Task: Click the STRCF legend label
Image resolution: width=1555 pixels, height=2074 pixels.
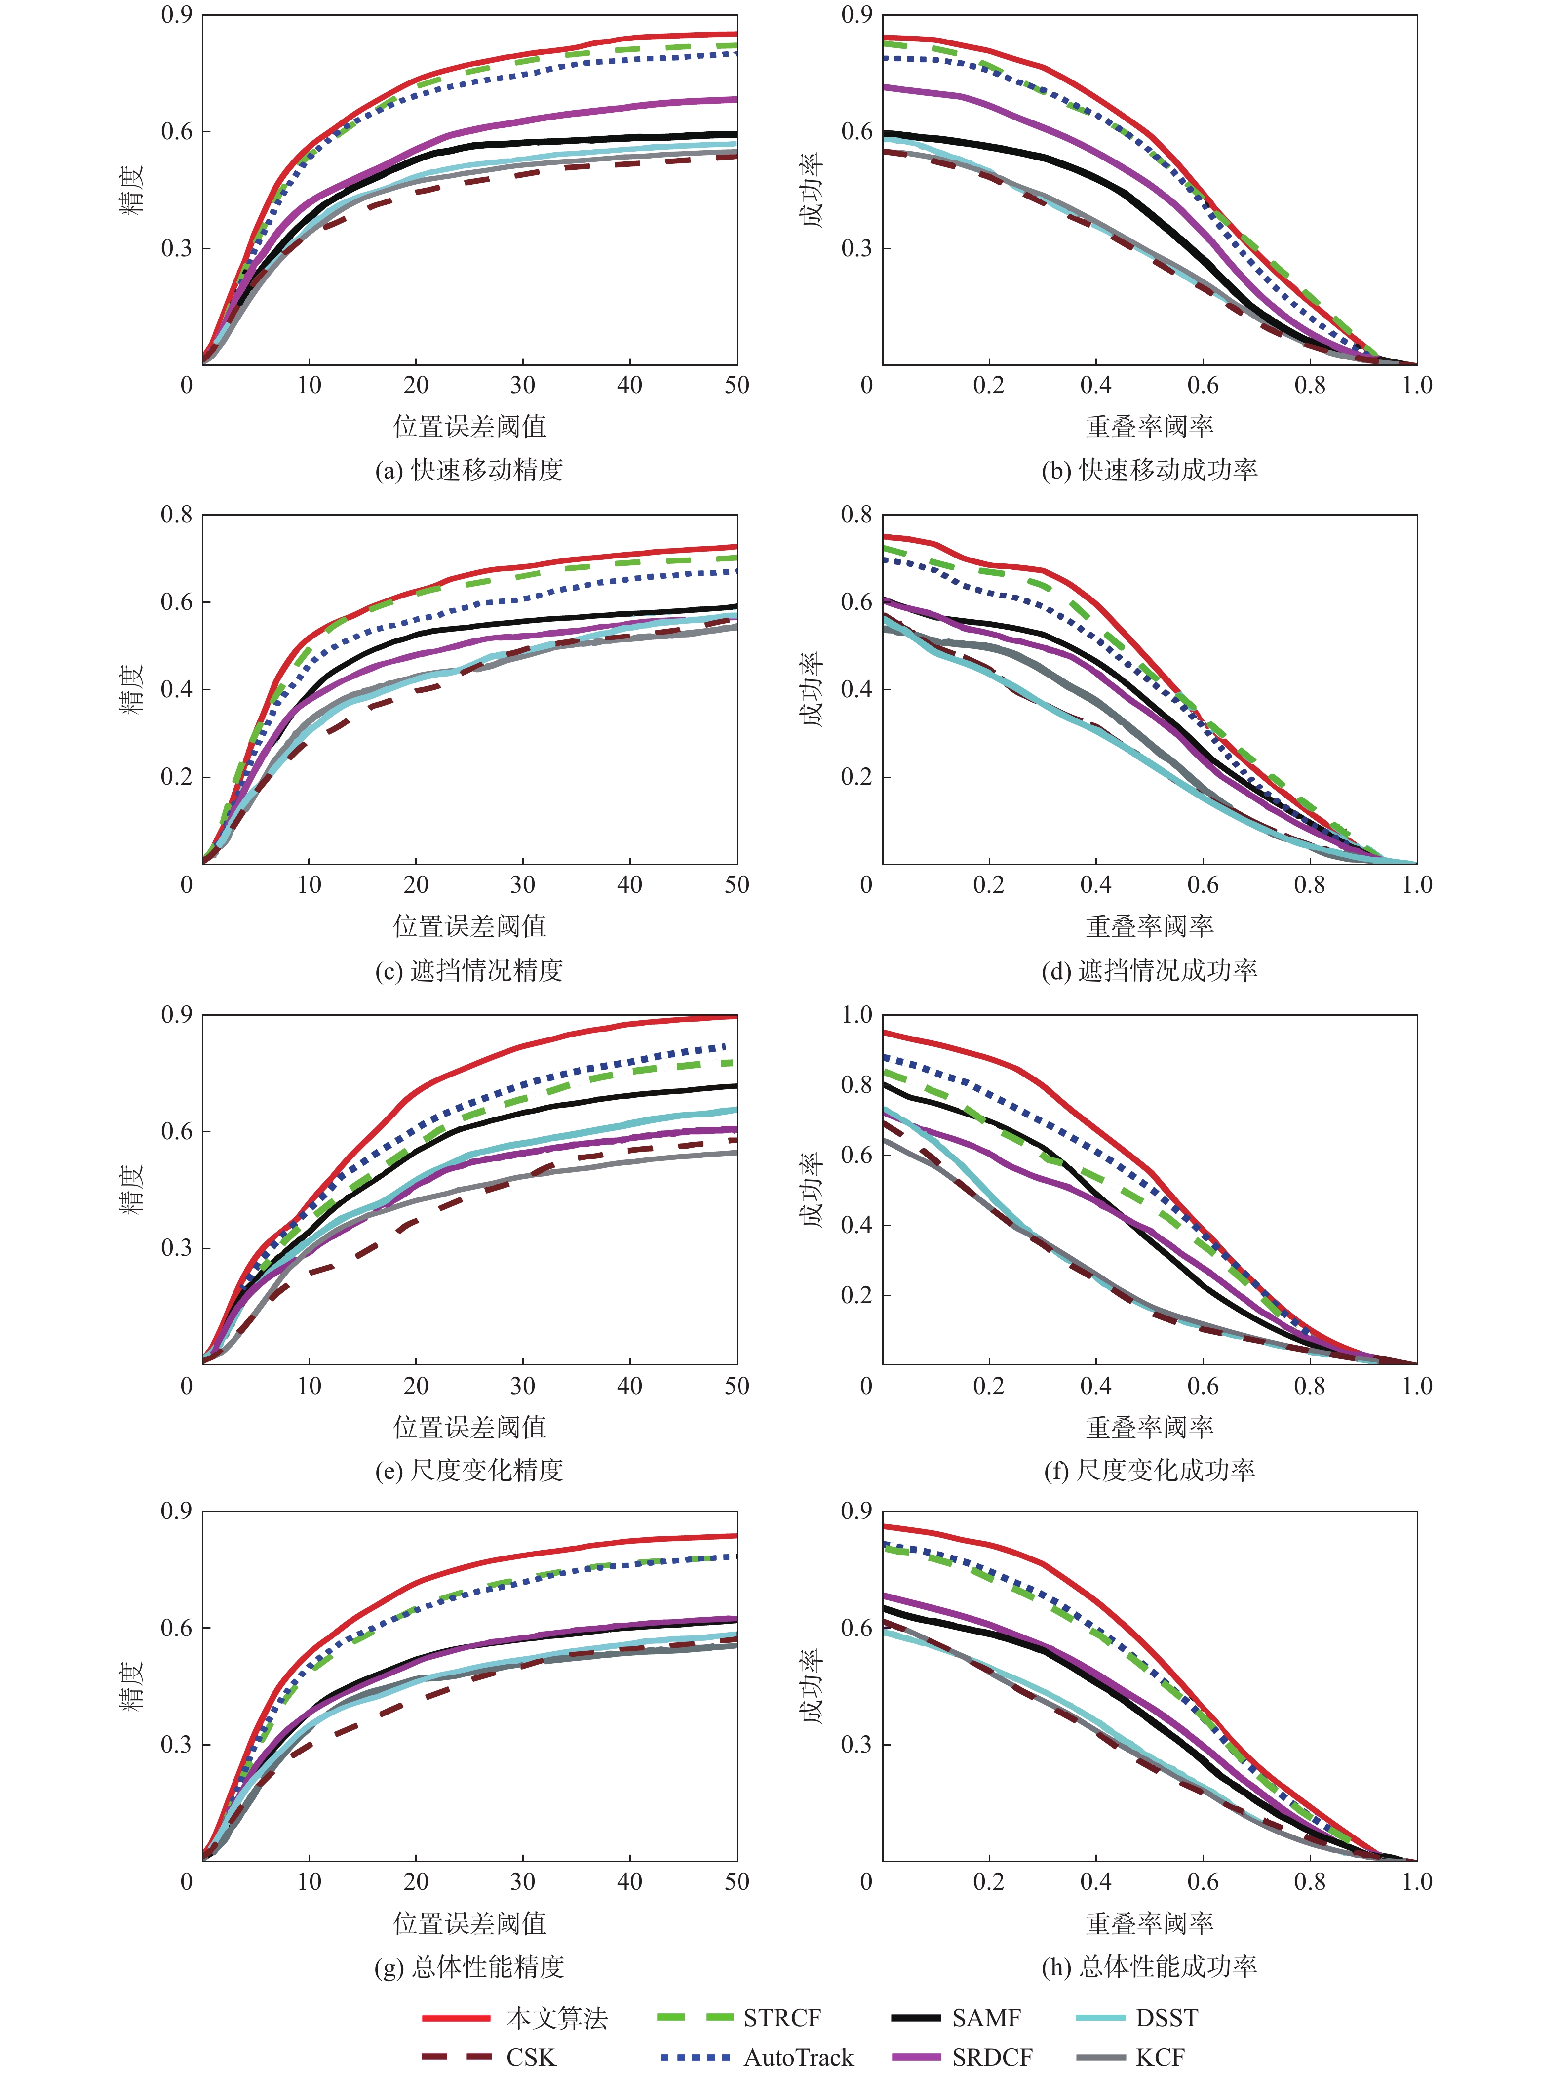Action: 782,2017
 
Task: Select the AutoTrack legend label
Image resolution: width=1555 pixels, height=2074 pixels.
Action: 799,2056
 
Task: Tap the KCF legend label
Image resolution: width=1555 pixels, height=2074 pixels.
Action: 1161,2056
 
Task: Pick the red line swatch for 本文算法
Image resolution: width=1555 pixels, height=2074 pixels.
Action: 456,2017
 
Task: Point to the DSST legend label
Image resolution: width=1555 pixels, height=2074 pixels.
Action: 1167,2017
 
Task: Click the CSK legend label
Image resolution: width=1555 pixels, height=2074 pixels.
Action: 531,2056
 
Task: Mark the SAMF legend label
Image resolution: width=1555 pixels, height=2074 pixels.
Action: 986,2017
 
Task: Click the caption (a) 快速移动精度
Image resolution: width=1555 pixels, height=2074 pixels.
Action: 468,470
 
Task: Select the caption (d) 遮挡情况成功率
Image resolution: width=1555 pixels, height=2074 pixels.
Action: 1149,969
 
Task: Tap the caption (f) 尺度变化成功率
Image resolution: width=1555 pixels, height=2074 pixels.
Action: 1149,1469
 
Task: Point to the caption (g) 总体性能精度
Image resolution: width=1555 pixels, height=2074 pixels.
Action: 468,1966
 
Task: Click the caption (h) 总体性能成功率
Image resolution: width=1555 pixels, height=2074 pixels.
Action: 1149,1966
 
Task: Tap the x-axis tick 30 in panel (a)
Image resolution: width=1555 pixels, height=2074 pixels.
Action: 523,384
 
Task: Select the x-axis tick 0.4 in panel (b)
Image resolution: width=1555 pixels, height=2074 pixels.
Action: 1096,384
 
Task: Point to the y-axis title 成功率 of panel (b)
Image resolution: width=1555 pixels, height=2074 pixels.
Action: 812,190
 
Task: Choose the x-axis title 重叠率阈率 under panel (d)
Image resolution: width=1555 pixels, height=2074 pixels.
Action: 1149,926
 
